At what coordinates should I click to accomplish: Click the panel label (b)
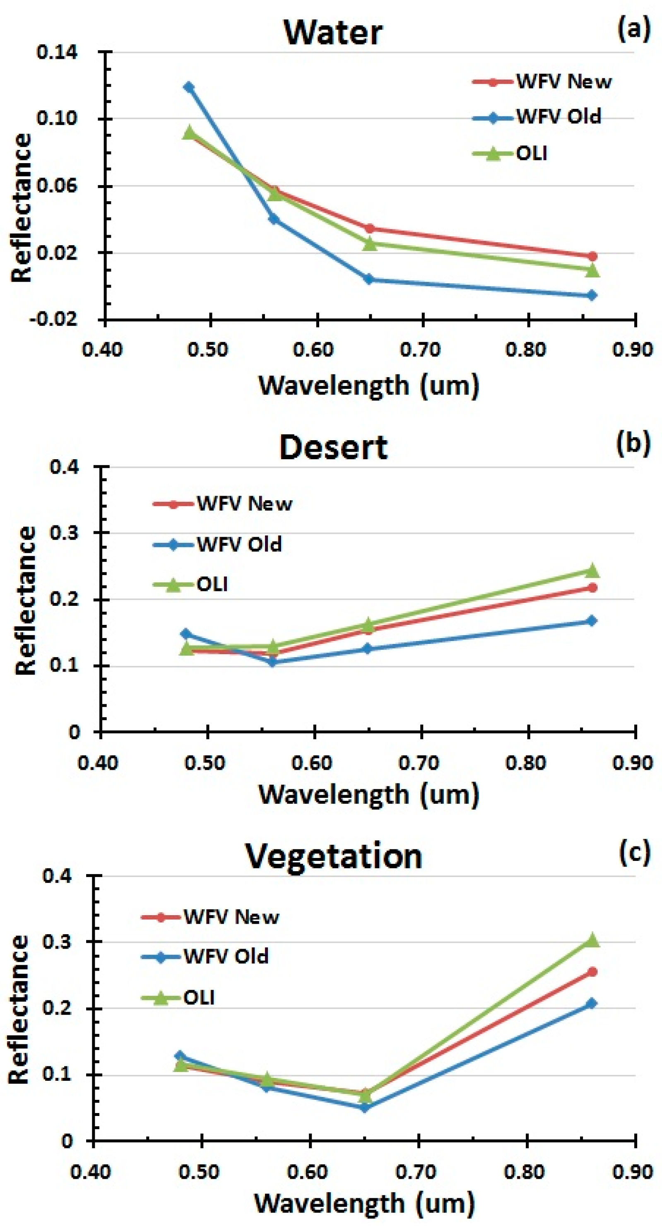[633, 443]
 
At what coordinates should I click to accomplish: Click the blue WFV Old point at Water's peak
[189, 87]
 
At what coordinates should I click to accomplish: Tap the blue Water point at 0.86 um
[592, 295]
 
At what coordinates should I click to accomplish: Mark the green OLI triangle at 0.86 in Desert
[592, 570]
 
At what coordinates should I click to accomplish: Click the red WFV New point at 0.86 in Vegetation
[592, 972]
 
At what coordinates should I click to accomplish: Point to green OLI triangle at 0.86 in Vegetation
[592, 940]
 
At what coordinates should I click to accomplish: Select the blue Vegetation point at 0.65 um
[364, 1108]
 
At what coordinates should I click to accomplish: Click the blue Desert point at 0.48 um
[186, 634]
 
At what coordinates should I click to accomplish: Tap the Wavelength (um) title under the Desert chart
[368, 794]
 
